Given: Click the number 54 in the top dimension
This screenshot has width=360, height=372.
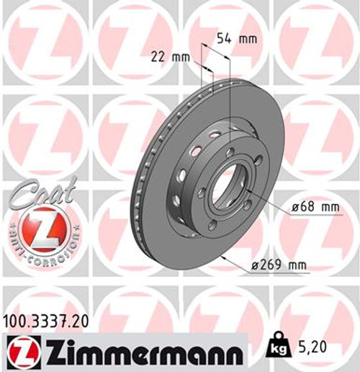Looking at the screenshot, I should (225, 39).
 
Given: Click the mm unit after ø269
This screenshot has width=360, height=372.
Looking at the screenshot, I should (298, 265).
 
